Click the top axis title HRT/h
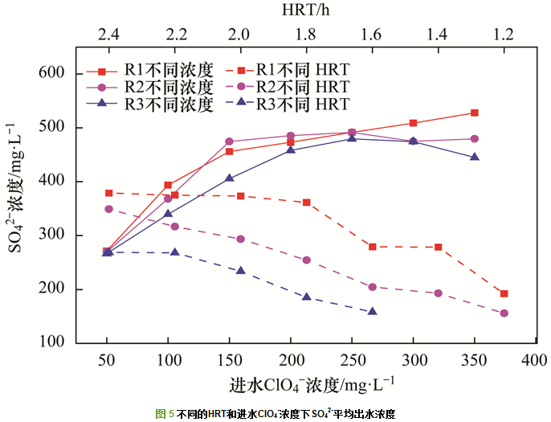tap(307, 10)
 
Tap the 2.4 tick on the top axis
tap(109, 35)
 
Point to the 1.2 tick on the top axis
tap(504, 35)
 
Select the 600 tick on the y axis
tap(51, 74)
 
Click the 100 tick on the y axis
tap(51, 343)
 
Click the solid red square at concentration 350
tap(475, 113)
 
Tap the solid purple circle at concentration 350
tap(475, 139)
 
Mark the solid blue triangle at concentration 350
tap(475, 157)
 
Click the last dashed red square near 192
tap(504, 293)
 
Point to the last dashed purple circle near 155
tap(504, 313)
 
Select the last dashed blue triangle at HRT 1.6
tap(373, 311)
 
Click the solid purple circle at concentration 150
tap(229, 141)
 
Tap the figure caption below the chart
tap(275, 413)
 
